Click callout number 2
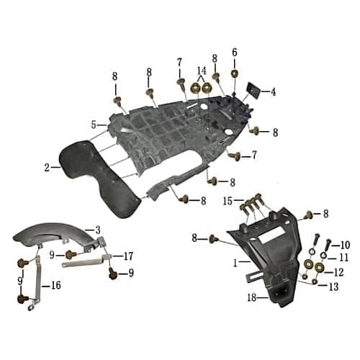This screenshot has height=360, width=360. pyautogui.click(x=47, y=167)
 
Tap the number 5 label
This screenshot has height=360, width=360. pyautogui.click(x=94, y=125)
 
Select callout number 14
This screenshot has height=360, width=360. pyautogui.click(x=202, y=71)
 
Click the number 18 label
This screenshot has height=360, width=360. pyautogui.click(x=252, y=297)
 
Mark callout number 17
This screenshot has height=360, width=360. pyautogui.click(x=128, y=255)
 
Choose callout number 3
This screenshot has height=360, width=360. pyautogui.click(x=97, y=230)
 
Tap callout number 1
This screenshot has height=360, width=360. pyautogui.click(x=235, y=264)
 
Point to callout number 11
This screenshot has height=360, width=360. pyautogui.click(x=343, y=257)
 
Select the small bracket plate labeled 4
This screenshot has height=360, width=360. pyautogui.click(x=253, y=91)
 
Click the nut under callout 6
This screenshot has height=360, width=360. pyautogui.click(x=235, y=73)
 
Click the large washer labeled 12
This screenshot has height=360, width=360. pyautogui.click(x=319, y=271)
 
